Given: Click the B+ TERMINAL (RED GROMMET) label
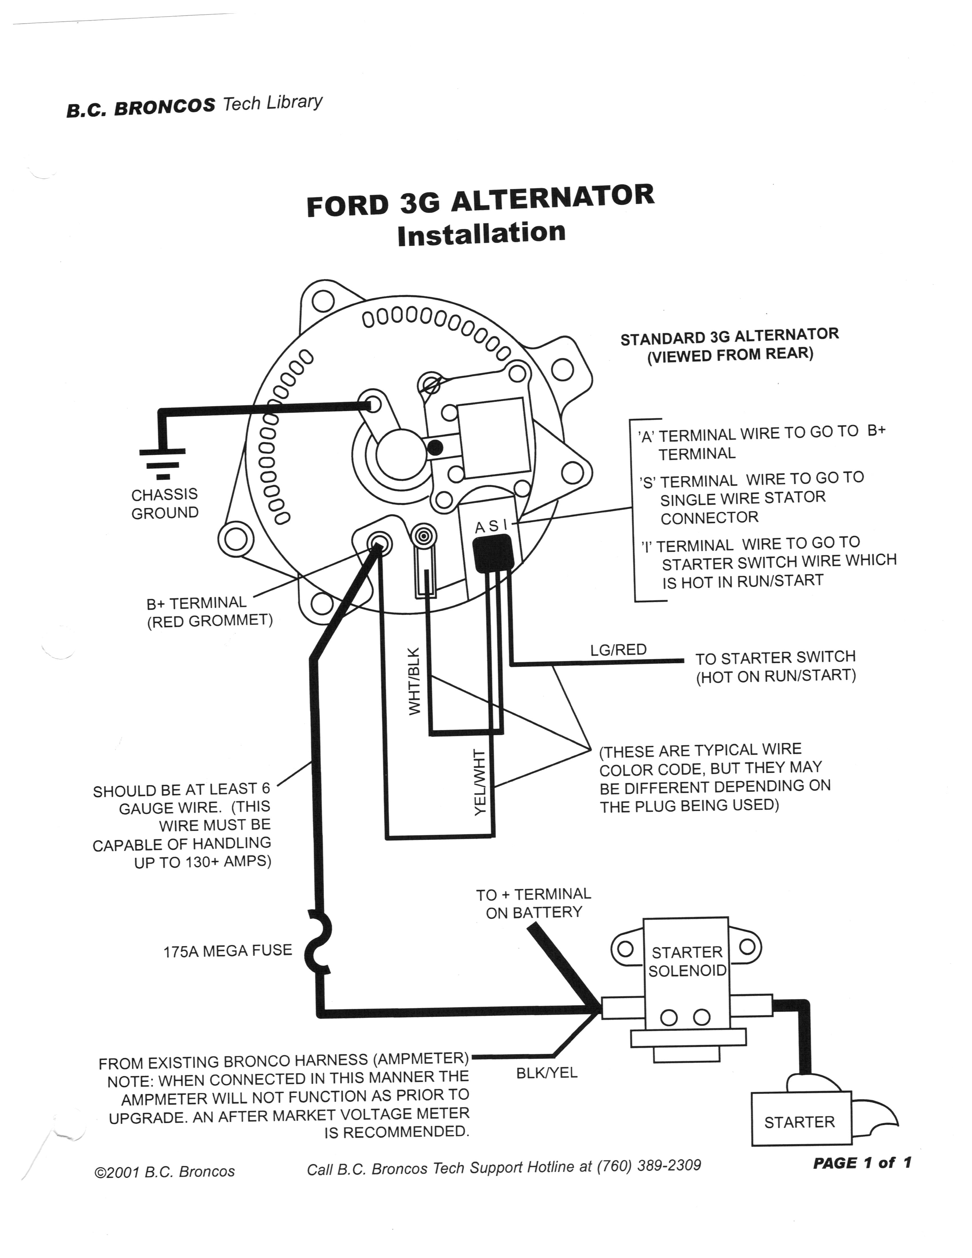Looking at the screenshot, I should (x=208, y=612).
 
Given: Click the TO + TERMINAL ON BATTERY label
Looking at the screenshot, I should (x=533, y=903).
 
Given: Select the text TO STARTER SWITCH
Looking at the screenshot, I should (x=775, y=657).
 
